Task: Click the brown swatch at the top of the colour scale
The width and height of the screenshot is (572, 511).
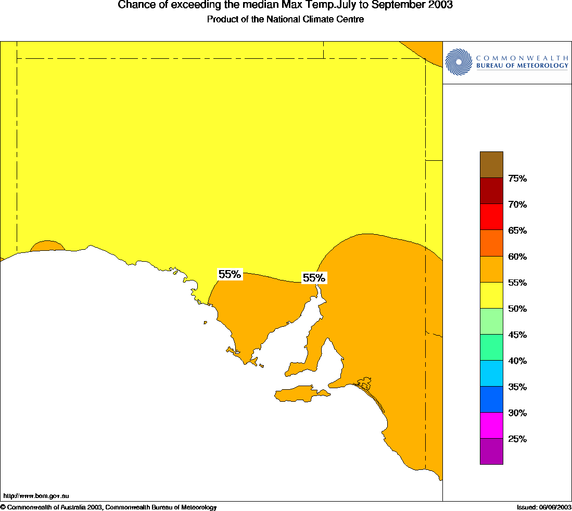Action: (x=491, y=164)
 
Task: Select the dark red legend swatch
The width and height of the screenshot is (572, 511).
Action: (x=491, y=190)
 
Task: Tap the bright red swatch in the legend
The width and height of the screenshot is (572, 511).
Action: (x=491, y=216)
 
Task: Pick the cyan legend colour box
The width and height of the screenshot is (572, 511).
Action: (x=491, y=373)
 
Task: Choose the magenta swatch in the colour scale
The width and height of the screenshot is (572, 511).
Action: (x=491, y=425)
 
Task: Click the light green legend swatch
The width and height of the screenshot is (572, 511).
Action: (x=491, y=321)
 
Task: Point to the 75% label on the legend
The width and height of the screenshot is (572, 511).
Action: (x=517, y=178)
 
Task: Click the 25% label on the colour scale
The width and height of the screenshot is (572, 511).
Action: (x=517, y=439)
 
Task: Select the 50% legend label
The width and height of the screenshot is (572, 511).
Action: (x=517, y=309)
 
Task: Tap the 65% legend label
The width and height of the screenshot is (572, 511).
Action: (x=517, y=231)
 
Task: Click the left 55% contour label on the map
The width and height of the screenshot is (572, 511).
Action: (x=230, y=274)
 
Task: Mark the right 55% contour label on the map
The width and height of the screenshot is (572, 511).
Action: (x=314, y=278)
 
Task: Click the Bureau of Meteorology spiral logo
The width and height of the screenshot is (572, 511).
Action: (x=458, y=62)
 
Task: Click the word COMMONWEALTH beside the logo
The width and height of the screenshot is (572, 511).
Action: (x=522, y=58)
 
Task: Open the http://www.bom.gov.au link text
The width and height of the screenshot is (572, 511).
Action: (x=36, y=496)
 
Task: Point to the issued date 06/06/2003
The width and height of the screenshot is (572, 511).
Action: (x=555, y=507)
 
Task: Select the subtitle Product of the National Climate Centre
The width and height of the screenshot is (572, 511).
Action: (x=285, y=19)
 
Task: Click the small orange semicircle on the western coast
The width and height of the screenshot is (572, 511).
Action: (x=47, y=246)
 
